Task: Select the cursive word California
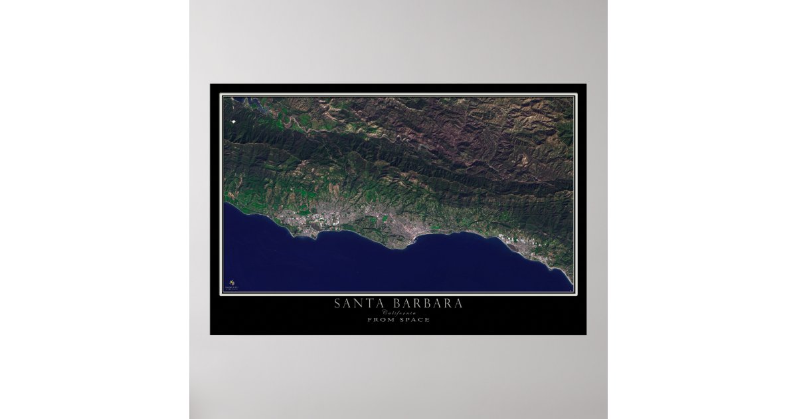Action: [398, 313]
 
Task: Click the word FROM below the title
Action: [380, 320]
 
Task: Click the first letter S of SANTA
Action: [338, 304]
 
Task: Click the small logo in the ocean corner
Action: [231, 283]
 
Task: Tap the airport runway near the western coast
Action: [300, 223]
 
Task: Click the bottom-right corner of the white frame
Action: [576, 294]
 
